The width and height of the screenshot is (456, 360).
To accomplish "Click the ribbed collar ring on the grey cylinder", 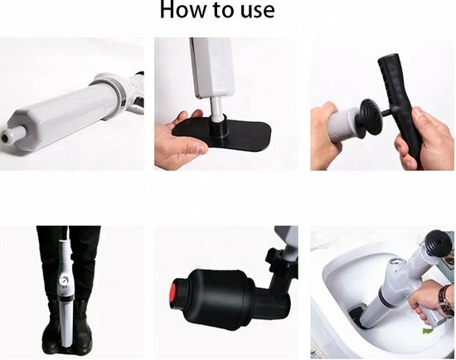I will coord(104,85).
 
